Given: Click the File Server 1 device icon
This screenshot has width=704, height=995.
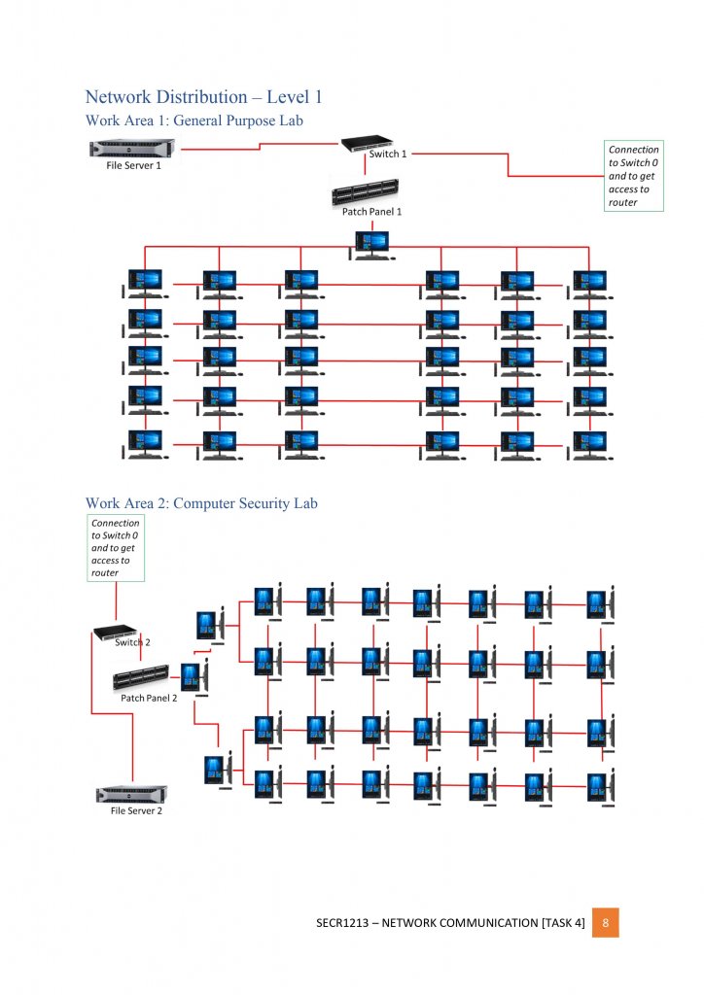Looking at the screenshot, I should pyautogui.click(x=132, y=150).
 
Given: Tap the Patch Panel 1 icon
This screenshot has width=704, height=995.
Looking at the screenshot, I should pyautogui.click(x=367, y=193).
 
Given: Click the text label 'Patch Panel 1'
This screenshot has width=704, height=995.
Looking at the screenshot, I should pyautogui.click(x=371, y=211).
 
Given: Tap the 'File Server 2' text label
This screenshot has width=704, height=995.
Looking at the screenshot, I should pyautogui.click(x=135, y=810).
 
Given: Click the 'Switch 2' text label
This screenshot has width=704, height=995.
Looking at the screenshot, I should pyautogui.click(x=132, y=642).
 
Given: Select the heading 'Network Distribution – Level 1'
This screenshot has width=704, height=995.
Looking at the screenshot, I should pyautogui.click(x=203, y=97).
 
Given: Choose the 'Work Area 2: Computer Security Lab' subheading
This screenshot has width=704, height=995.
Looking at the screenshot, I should pyautogui.click(x=201, y=503).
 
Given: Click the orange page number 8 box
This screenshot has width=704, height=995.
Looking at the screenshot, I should pyautogui.click(x=605, y=922).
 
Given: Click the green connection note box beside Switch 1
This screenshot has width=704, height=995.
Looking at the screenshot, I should pyautogui.click(x=634, y=176).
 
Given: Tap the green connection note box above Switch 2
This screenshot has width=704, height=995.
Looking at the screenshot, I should pyautogui.click(x=116, y=548).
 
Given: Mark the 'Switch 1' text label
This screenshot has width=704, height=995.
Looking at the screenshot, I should pyautogui.click(x=388, y=154).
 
